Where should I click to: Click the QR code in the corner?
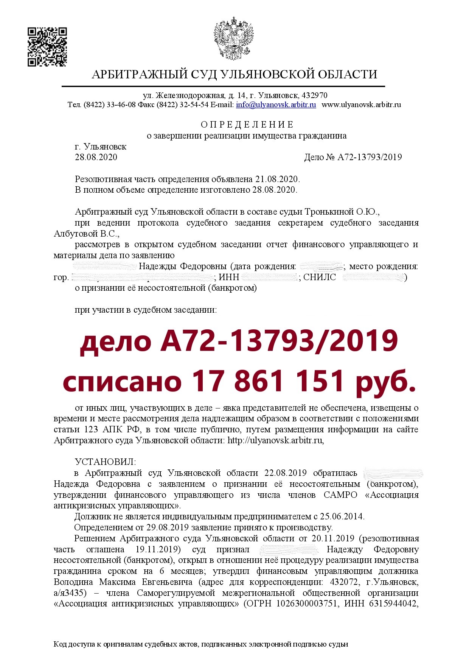[47, 47]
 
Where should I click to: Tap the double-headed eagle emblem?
[234, 38]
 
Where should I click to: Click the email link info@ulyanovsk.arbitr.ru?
[276, 105]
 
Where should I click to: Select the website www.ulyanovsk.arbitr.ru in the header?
[361, 105]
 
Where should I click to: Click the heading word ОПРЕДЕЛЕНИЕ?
[247, 125]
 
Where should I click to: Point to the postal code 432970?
[315, 95]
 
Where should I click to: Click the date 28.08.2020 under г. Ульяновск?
[96, 157]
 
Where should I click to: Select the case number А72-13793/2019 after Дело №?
[370, 157]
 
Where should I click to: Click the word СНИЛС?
[320, 277]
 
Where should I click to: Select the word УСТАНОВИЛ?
[105, 462]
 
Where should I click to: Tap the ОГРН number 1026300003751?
[307, 604]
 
